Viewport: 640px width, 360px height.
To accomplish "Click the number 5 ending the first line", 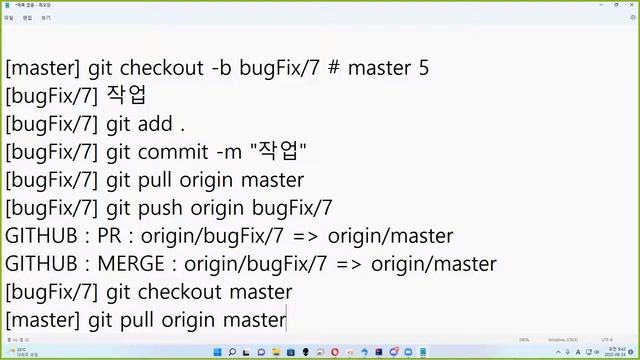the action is click(x=424, y=69).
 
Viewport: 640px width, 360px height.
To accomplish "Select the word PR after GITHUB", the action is click(x=111, y=237).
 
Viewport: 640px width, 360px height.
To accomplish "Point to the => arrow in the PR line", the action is click(x=300, y=237).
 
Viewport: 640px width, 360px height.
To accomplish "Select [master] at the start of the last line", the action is click(x=43, y=321).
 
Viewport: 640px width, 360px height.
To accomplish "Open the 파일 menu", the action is click(x=9, y=17).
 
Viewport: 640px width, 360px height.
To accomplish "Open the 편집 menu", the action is click(x=27, y=17).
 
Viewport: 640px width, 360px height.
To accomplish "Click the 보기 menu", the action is click(x=45, y=17).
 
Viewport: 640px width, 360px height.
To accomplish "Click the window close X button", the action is click(x=627, y=4).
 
